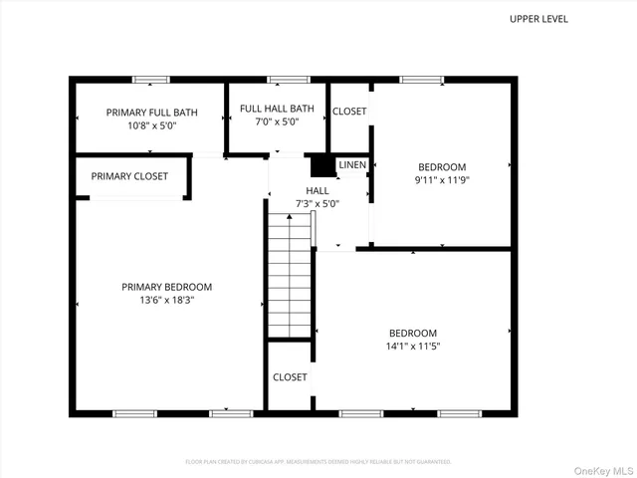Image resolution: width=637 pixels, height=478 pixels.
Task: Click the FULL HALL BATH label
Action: click(x=277, y=109)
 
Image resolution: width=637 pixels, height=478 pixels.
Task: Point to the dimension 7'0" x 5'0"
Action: click(x=277, y=122)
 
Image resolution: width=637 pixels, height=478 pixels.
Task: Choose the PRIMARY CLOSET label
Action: click(x=129, y=176)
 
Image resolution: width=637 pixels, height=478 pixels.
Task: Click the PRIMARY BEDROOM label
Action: click(x=166, y=287)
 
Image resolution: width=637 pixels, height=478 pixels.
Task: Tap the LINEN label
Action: click(x=351, y=164)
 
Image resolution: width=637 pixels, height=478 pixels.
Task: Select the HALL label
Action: click(x=318, y=190)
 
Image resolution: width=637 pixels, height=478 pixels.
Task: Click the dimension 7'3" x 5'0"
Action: click(x=318, y=203)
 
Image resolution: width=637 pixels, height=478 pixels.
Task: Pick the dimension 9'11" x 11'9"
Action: click(x=442, y=181)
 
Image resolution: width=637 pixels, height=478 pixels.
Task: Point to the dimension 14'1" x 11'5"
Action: click(x=412, y=347)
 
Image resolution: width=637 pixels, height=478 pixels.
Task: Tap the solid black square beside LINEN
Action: click(x=321, y=165)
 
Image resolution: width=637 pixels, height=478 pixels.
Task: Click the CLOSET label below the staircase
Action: click(x=290, y=377)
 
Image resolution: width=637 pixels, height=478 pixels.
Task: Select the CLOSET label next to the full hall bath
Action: click(x=348, y=112)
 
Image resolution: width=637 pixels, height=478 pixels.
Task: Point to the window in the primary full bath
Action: click(x=151, y=79)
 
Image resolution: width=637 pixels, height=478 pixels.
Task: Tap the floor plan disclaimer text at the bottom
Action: click(x=318, y=462)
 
